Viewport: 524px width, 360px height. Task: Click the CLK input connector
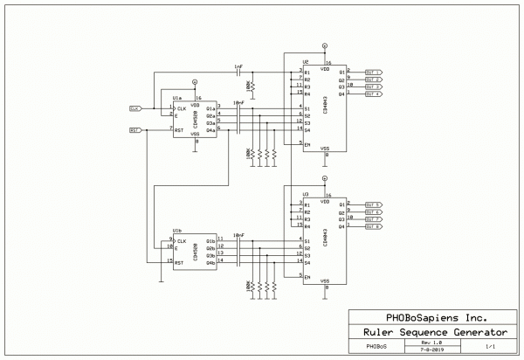(x=135, y=108)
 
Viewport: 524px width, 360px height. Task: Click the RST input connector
(x=135, y=130)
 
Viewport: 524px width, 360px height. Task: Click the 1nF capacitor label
(x=238, y=66)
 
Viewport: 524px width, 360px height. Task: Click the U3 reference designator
(x=306, y=194)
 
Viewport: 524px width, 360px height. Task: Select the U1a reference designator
(x=177, y=98)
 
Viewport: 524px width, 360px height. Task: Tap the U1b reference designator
(x=177, y=231)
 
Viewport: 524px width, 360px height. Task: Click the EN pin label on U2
(x=307, y=143)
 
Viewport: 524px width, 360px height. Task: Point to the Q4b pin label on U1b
(x=210, y=262)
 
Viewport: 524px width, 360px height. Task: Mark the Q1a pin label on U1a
(x=210, y=108)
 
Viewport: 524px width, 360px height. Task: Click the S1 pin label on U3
(x=307, y=240)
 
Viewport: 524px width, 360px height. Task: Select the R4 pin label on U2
(x=307, y=93)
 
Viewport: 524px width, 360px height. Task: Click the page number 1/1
(x=490, y=346)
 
